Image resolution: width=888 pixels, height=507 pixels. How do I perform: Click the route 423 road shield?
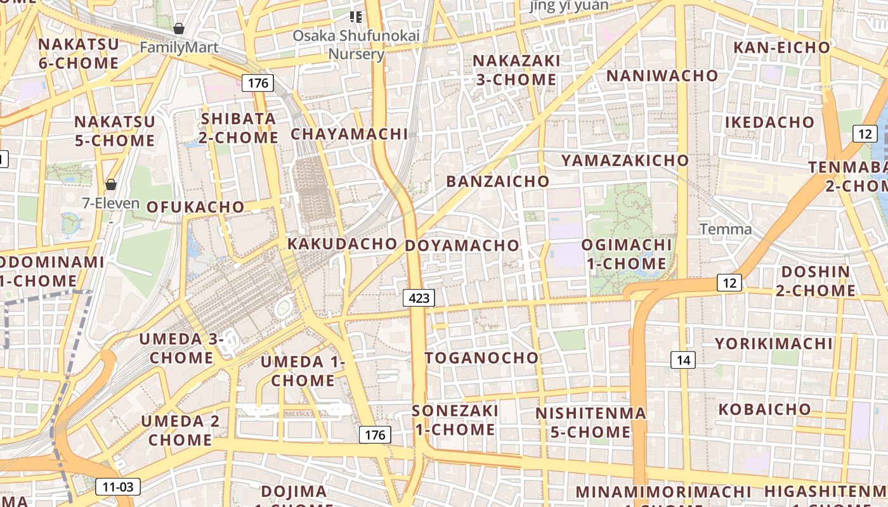419,298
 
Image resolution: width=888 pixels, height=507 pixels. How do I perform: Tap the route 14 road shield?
683,360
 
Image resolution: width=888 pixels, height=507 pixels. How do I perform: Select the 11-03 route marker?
118,487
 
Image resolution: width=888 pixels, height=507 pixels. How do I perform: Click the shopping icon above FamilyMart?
179,29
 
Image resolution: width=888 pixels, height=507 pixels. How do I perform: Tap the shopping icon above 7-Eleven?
111,184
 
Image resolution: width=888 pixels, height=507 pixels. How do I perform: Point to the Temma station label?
726,229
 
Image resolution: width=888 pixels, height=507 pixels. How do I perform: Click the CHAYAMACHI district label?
349,134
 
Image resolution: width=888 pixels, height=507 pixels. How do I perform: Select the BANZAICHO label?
498,181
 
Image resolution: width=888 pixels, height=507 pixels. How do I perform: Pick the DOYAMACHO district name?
462,245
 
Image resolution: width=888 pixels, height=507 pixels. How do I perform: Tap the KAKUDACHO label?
343,243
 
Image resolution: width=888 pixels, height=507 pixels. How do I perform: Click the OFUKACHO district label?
195,207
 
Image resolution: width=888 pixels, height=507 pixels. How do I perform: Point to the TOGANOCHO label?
481,357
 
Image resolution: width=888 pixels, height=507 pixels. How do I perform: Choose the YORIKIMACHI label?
774,343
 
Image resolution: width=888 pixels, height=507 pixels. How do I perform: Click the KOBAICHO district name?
764,409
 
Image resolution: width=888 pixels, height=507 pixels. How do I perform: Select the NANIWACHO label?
663,75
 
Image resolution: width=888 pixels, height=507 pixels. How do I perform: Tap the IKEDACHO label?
770,122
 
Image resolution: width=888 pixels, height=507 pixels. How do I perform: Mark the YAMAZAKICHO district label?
625,160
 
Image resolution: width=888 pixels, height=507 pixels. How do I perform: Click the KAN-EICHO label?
781,47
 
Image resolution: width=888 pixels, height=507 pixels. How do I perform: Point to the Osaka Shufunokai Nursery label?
356,44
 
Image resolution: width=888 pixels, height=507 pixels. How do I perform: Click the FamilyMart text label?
179,47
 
